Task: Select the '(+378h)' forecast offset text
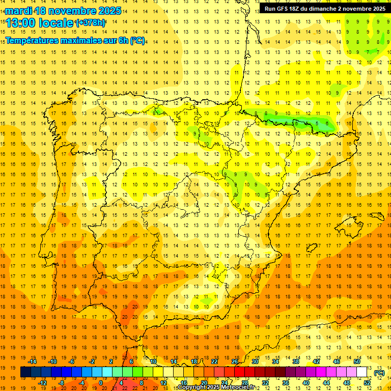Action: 90,23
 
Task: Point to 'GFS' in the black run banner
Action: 283,8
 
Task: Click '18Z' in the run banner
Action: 297,8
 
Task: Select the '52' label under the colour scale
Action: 367,382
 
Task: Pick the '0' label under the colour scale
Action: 101,382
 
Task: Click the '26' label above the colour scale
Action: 235,361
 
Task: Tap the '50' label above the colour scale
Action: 357,361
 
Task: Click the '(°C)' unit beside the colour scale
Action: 379,372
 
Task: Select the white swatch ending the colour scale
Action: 362,372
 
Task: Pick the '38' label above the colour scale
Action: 296,361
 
